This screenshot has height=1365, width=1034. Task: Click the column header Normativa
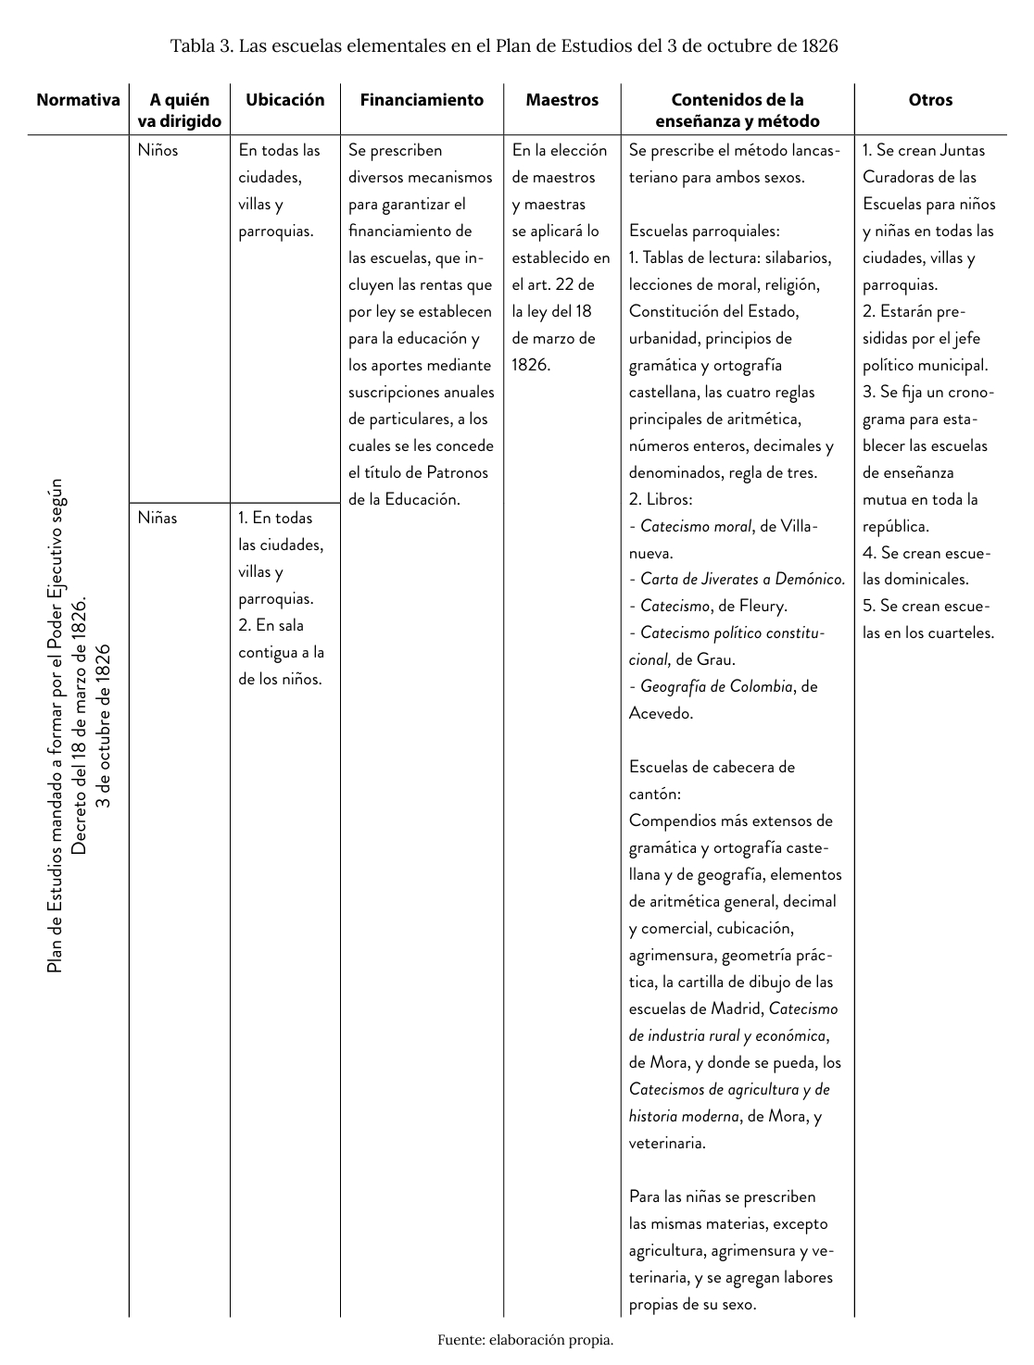78,100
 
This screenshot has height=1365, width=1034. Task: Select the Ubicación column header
284,100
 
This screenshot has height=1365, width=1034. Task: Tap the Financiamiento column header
422,100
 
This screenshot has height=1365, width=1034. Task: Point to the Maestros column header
561,100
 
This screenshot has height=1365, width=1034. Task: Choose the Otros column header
930,100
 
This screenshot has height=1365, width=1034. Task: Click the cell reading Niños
158,150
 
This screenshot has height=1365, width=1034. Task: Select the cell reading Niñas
158,518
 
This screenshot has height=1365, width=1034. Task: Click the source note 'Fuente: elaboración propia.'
525,1339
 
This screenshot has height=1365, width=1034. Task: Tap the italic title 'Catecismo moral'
696,527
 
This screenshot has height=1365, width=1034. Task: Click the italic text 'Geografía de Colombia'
716,687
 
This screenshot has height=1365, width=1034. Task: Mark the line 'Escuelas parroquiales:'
704,232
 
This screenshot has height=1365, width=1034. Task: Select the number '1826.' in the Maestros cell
531,365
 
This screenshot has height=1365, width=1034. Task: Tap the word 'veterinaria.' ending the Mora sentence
667,1143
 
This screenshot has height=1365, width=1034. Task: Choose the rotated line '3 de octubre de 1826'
104,725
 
